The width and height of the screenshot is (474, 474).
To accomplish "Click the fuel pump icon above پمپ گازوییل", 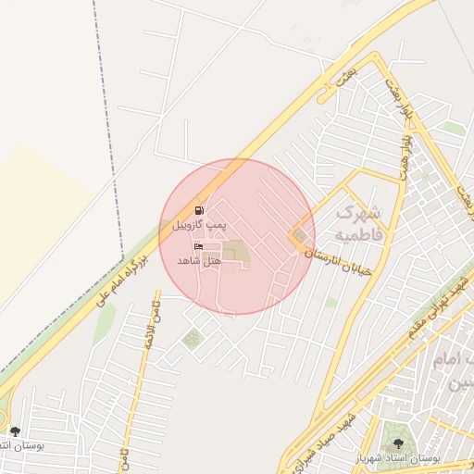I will point(198,210).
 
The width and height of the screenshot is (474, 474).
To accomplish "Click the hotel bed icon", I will point(198,247).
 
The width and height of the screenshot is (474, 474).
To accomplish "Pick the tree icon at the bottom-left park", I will point(14,431).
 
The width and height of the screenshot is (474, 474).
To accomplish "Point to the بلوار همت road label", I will point(405,157).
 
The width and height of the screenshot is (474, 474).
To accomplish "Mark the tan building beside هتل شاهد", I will point(235,252).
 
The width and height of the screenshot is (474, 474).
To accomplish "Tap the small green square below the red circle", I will point(193,339).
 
